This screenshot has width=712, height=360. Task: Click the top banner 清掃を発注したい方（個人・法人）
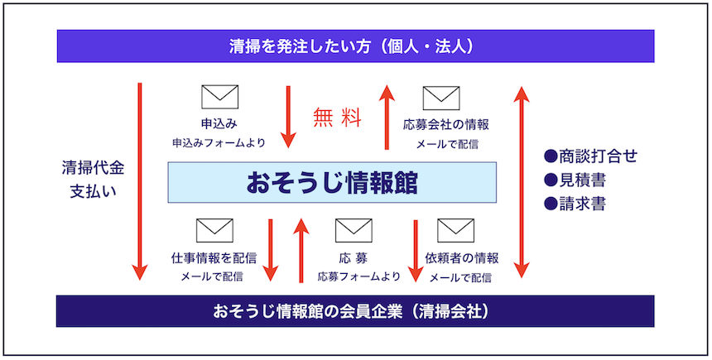355,46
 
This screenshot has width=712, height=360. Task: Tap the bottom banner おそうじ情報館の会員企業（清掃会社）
355,311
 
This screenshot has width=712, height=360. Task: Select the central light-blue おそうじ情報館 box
332,183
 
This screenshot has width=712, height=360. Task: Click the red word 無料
338,118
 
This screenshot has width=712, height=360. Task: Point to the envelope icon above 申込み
219,97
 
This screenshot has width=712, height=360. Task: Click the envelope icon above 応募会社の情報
441,98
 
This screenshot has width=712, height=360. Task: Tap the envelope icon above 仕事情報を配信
214,231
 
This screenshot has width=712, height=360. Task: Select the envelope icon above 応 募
354,231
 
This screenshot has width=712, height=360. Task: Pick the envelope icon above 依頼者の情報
456,231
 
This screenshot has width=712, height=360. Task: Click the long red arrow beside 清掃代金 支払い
140,181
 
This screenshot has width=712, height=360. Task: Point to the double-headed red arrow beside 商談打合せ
522,182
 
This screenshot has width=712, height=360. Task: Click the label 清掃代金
93,169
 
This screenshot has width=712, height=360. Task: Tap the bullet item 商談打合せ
591,156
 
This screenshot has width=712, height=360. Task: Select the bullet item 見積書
575,180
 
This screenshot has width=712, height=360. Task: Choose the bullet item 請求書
575,204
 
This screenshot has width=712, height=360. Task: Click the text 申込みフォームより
219,142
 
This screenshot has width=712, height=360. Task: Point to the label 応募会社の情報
446,124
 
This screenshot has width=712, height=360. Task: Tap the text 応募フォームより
358,276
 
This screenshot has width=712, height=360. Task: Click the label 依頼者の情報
462,258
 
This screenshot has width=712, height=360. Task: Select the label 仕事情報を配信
214,258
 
